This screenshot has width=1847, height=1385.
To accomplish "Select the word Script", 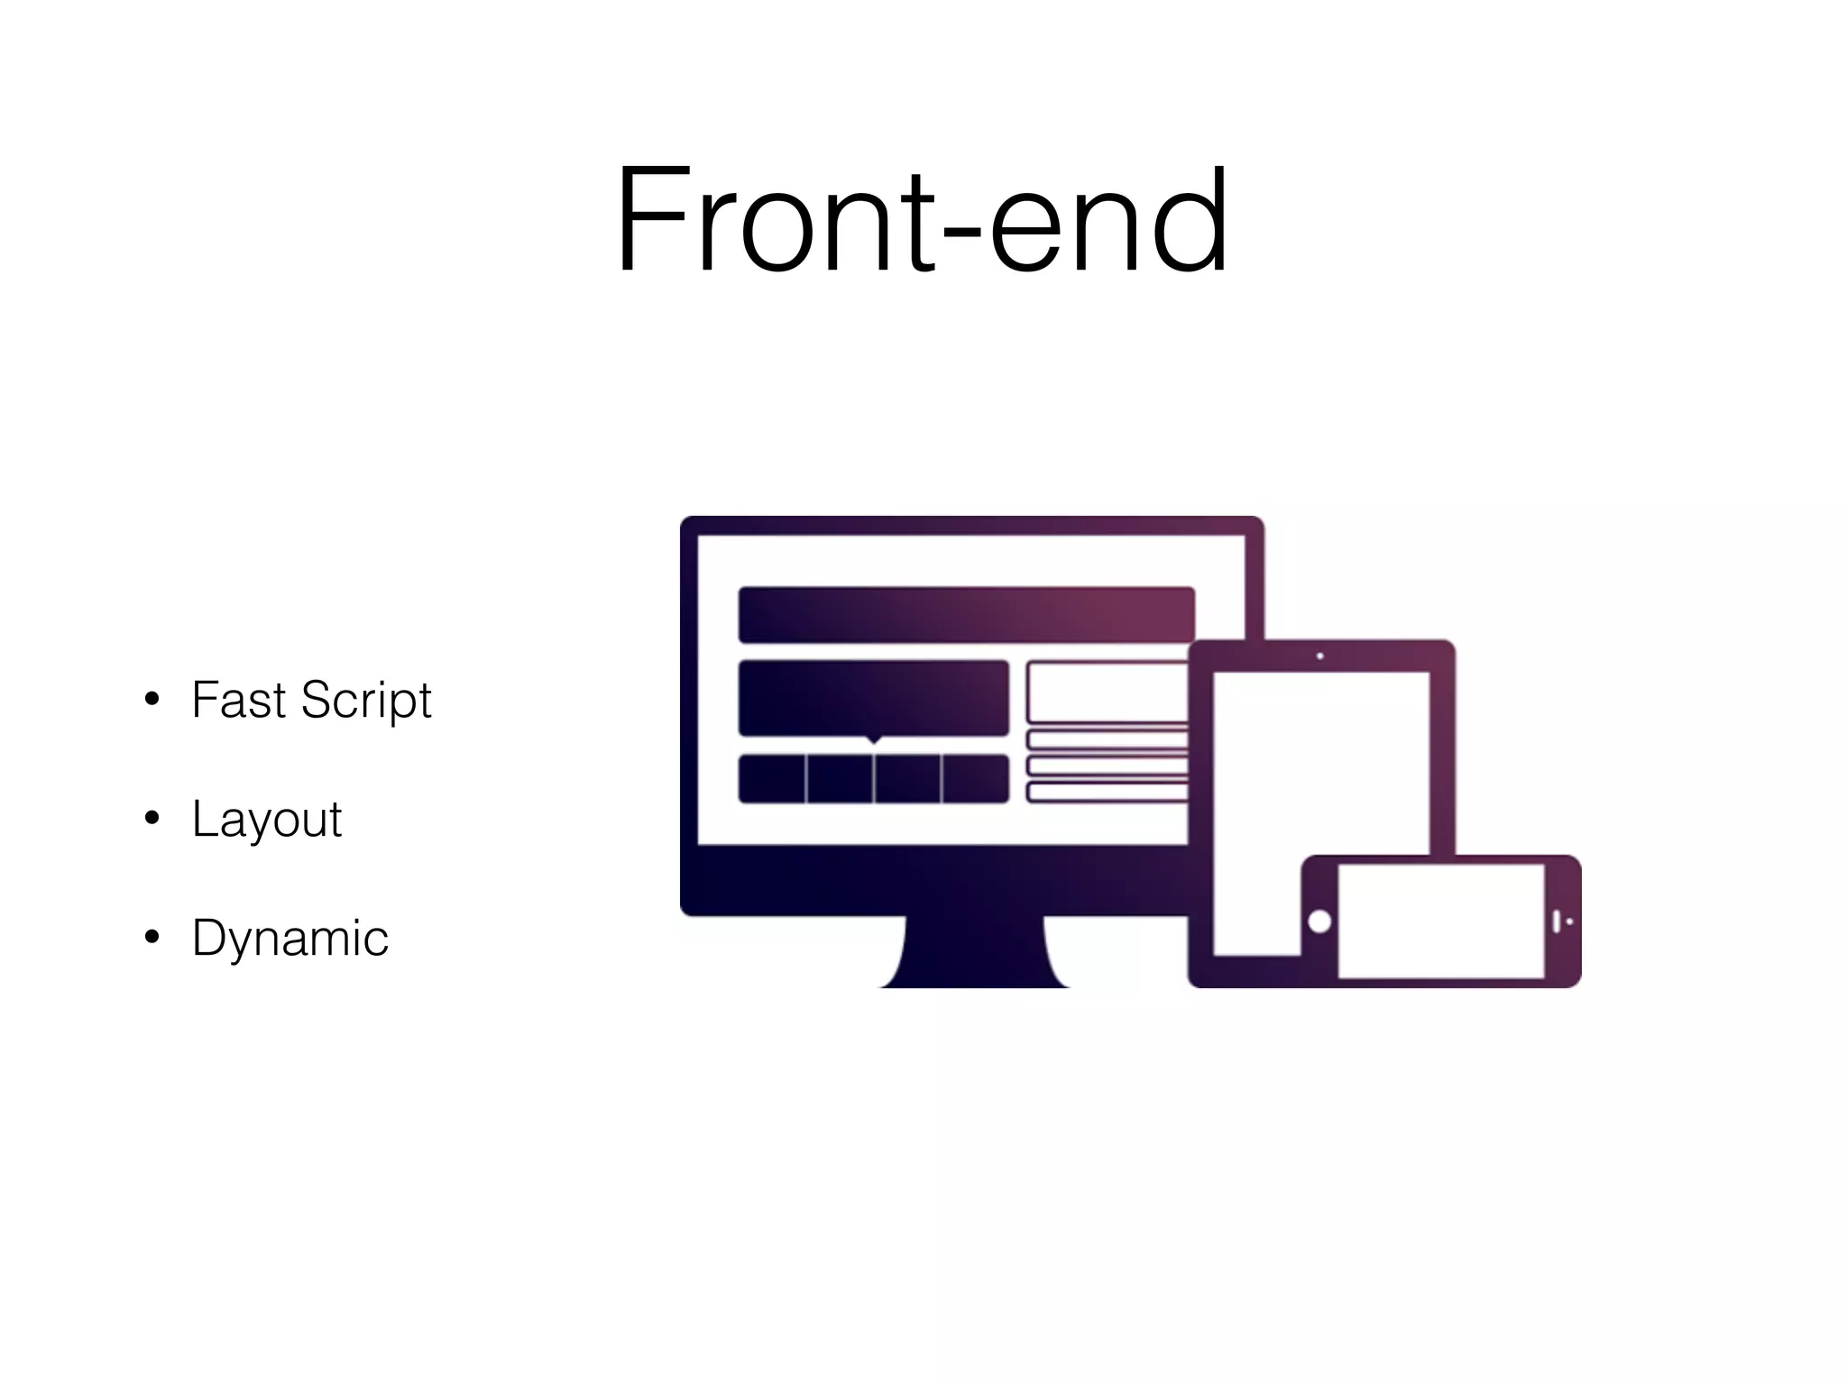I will click(x=366, y=702).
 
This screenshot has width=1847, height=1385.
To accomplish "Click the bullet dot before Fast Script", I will click(x=152, y=700).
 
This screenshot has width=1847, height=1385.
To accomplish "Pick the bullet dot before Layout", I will click(x=152, y=819).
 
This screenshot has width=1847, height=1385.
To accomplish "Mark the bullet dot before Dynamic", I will click(x=152, y=938).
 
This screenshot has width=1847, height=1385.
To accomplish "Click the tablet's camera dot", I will click(x=1319, y=656).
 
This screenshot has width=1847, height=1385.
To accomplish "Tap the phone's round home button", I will click(x=1319, y=922).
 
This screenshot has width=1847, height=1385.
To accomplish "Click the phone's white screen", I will click(x=1440, y=921).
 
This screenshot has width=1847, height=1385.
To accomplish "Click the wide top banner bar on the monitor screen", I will click(x=967, y=615).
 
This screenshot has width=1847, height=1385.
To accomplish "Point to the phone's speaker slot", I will click(x=1557, y=922).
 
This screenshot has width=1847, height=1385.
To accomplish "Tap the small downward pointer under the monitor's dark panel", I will click(x=873, y=740).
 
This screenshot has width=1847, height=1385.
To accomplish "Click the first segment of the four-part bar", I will click(x=772, y=779).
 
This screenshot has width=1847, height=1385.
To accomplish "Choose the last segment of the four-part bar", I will click(x=975, y=779).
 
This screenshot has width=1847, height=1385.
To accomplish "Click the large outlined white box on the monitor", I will click(x=1107, y=692).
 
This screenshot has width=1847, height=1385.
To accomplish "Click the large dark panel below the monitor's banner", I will click(x=873, y=698).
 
